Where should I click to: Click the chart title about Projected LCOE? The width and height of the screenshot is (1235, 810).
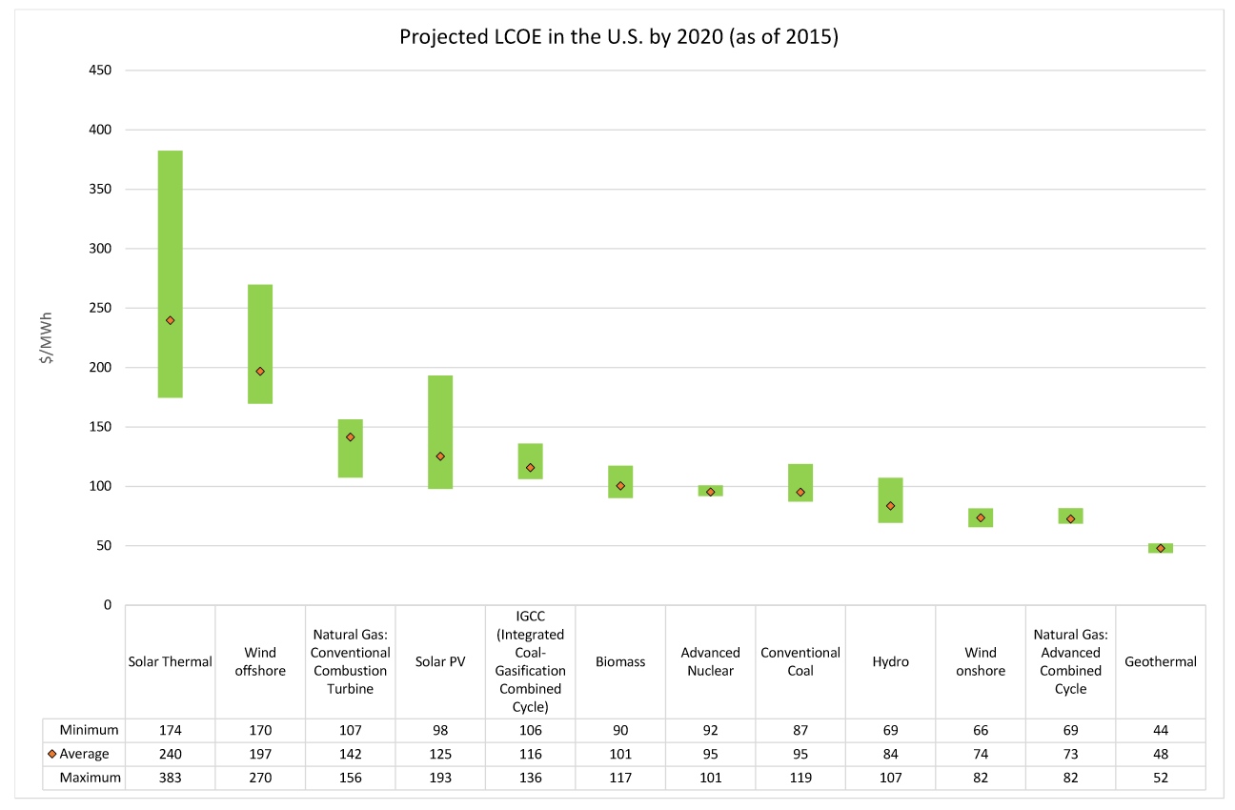[x=617, y=37]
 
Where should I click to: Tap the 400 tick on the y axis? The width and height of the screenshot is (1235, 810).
[x=99, y=130]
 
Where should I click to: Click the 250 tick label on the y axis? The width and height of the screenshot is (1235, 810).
[x=99, y=308]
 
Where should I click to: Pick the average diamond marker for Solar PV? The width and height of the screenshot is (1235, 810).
[x=440, y=456]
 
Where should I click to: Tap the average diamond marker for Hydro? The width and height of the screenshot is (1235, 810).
[x=890, y=506]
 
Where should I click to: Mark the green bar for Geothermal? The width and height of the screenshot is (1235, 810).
[x=1161, y=548]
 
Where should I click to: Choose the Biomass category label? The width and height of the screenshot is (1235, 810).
[x=620, y=661]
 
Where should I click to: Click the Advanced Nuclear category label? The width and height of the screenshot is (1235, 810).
[x=710, y=661]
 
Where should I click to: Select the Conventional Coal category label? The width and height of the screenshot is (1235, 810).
[x=800, y=661]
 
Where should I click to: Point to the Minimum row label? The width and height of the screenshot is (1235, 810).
[x=89, y=730]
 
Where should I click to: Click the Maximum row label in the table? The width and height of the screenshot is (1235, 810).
[x=90, y=778]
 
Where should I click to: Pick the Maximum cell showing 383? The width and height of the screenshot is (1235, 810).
[x=171, y=778]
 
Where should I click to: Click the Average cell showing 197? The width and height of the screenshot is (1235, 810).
[x=260, y=754]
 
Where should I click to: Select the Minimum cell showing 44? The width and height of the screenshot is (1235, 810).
[x=1161, y=730]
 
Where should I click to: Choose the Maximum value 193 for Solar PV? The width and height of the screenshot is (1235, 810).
[x=440, y=778]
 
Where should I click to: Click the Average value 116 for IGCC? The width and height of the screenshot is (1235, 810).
[x=530, y=754]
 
